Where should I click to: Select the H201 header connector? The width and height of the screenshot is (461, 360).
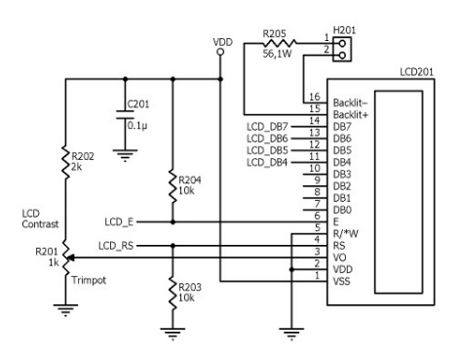pos(343,42)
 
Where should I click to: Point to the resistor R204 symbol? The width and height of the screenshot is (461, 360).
pos(173,185)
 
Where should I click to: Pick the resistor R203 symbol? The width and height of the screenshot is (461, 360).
pos(173,290)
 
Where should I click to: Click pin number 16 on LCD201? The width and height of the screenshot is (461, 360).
pos(314,98)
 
